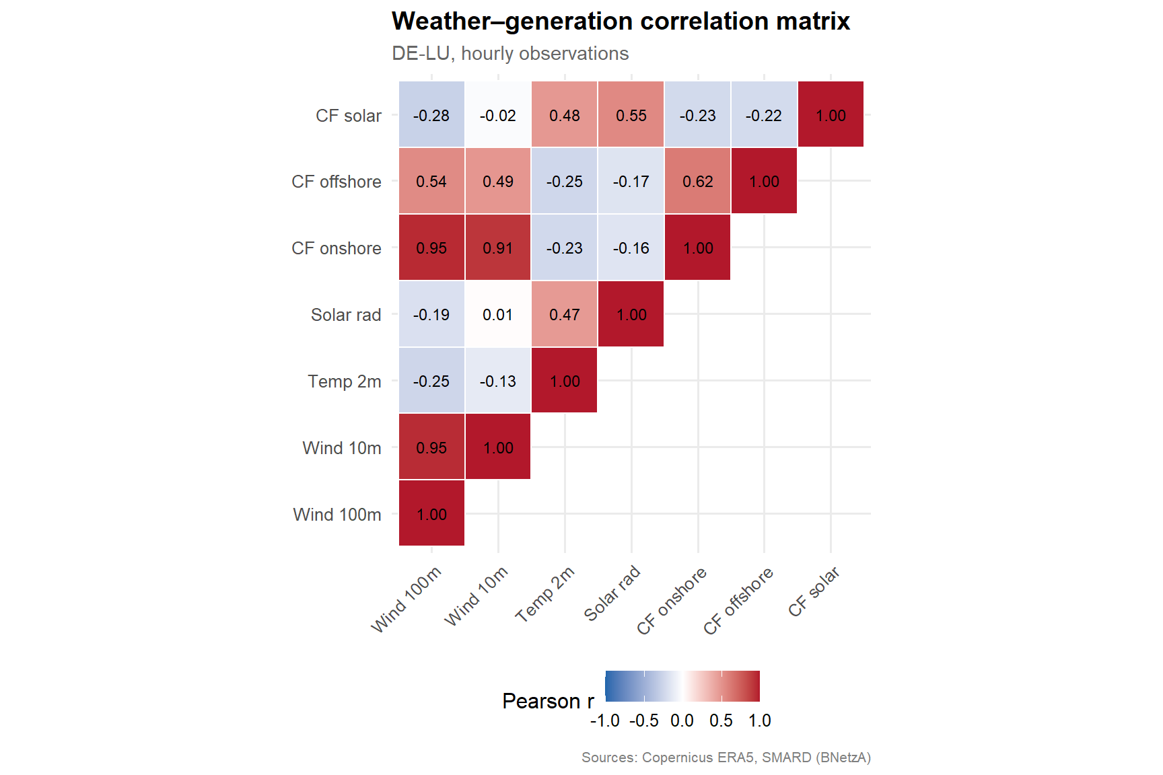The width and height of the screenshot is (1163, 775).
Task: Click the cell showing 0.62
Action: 697,181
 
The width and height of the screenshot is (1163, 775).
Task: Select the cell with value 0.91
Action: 498,248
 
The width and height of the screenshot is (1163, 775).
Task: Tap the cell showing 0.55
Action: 631,115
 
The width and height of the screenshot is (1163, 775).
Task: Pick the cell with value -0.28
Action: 431,115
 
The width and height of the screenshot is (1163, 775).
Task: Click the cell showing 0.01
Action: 498,314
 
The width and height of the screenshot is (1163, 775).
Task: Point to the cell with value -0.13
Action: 498,381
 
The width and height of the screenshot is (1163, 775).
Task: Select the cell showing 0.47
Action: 564,314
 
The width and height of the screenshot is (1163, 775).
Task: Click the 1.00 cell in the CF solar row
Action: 831,115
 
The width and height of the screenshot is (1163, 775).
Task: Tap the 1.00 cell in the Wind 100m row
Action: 431,514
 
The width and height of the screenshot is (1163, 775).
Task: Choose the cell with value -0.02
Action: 498,115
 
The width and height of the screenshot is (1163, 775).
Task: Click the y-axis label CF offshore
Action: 336,182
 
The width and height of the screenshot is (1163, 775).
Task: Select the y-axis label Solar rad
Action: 346,315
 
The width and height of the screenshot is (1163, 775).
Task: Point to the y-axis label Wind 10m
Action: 342,448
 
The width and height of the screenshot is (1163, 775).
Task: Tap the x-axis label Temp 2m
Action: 546,593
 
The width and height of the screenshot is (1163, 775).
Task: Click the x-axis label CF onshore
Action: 672,600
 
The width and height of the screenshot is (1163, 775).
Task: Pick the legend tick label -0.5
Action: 643,721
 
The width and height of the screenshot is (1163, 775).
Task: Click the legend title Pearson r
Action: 548,701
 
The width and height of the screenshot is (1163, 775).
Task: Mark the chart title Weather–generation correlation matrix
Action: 621,22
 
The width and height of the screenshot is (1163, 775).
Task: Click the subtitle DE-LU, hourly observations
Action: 510,54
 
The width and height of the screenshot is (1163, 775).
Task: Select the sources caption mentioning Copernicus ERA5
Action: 726,758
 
